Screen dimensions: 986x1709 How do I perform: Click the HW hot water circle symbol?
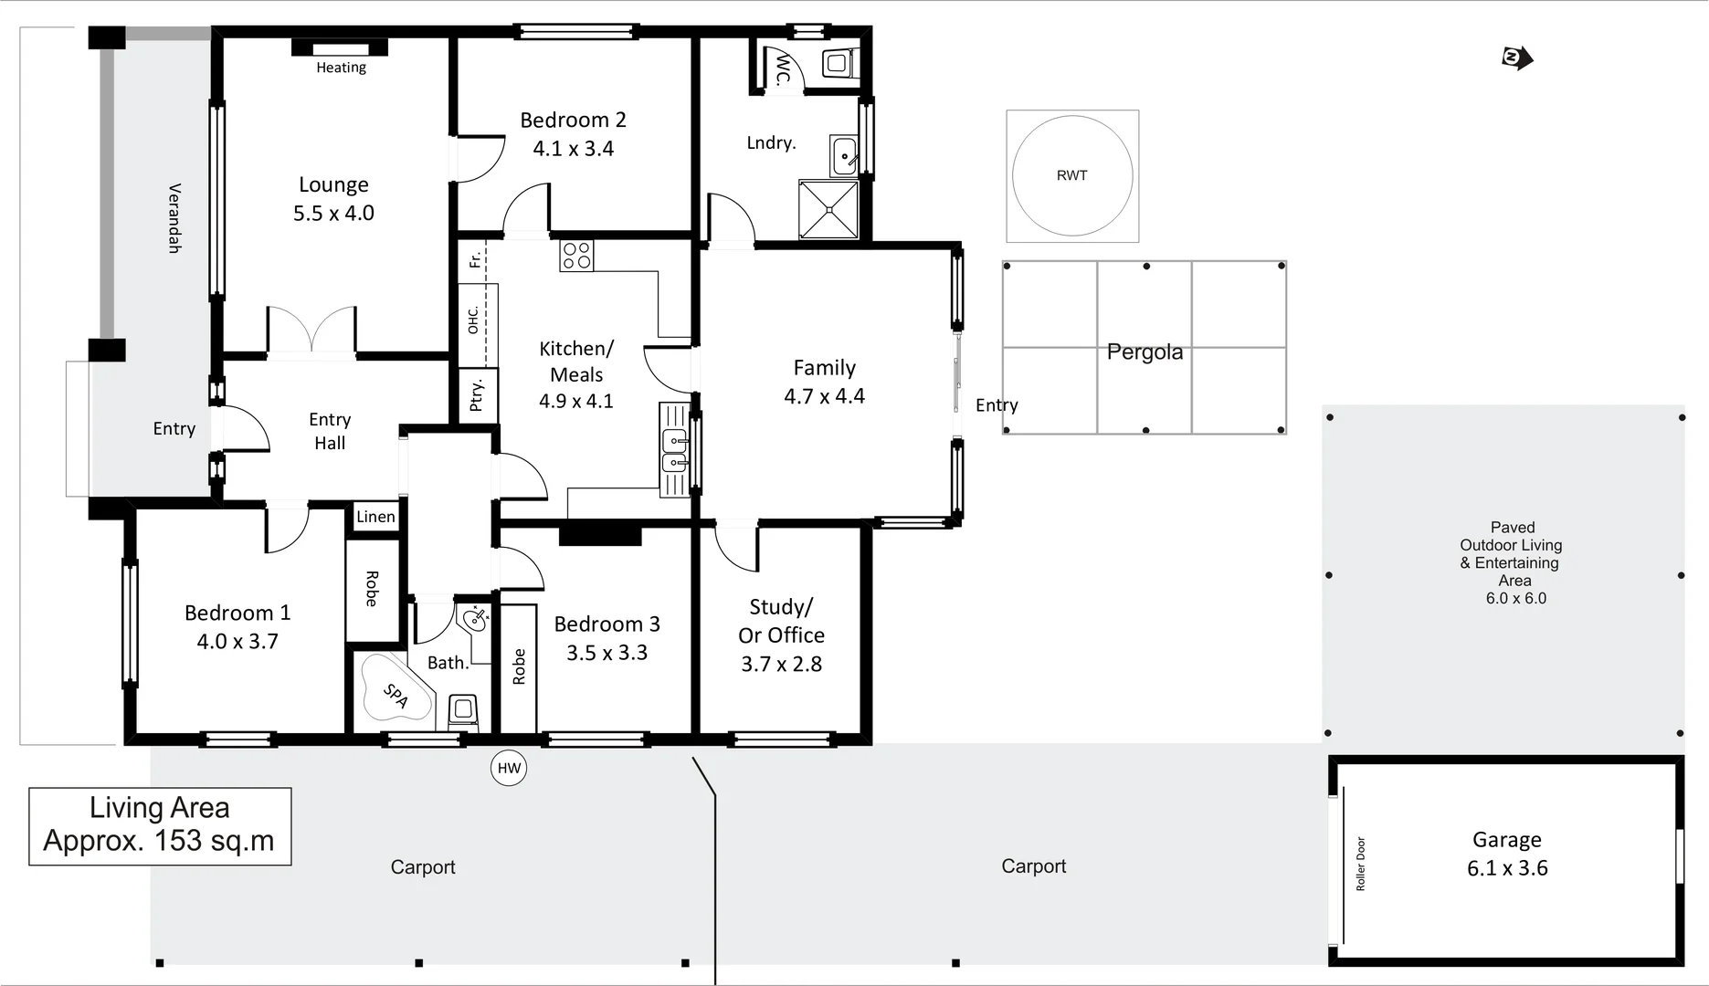(x=509, y=768)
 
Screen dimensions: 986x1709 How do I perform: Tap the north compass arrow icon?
(x=1517, y=58)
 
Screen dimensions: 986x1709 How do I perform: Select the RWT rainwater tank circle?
(x=1072, y=175)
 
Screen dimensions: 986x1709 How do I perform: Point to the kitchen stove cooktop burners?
(x=576, y=256)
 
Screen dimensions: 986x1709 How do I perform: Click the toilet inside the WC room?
(x=837, y=63)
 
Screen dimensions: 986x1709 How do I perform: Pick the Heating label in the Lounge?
(x=341, y=68)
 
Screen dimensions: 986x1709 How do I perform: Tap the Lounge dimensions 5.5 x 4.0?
(x=333, y=214)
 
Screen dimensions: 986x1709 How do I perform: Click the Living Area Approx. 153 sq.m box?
(x=160, y=825)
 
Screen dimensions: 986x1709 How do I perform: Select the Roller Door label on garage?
(x=1360, y=864)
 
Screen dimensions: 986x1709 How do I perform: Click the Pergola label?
(x=1145, y=352)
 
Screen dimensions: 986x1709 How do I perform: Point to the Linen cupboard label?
(x=375, y=517)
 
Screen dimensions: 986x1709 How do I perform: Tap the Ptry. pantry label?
(x=476, y=395)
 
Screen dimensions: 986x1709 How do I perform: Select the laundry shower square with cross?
(x=828, y=210)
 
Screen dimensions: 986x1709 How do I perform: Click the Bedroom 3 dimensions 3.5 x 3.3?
(x=607, y=653)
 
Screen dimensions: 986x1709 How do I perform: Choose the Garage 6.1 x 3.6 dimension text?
(x=1507, y=868)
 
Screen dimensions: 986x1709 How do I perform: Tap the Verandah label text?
(x=174, y=218)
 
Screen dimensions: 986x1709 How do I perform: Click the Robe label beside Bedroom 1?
(x=372, y=589)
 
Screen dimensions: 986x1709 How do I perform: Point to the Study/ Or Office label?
(x=781, y=621)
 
